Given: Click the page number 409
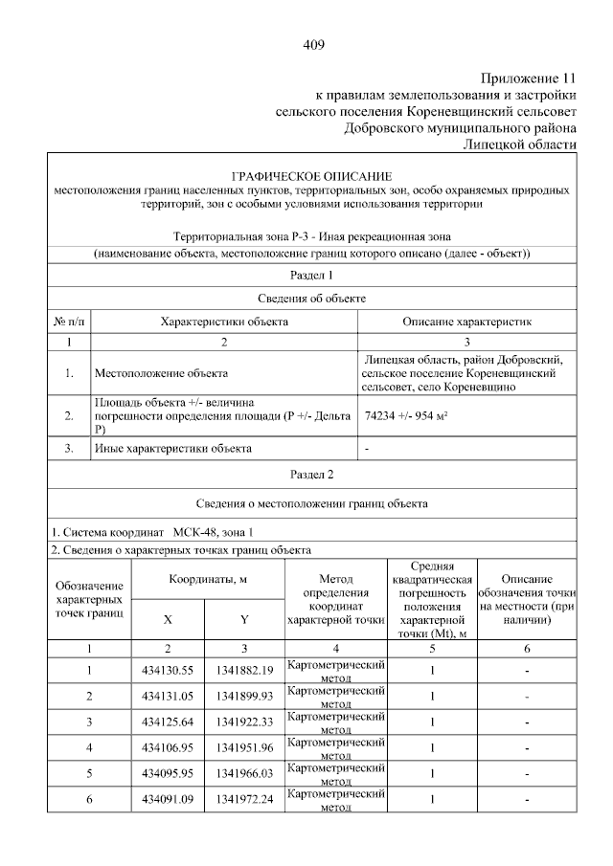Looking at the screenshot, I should pos(314,45).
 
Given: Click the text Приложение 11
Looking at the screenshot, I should pos(528,78).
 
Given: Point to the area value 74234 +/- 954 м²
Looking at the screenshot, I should pos(408,417).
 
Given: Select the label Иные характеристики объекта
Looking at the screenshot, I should pos(173,448).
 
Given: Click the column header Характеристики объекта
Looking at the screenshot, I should pos(224,322).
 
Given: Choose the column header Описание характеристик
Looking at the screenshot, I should pos(466,322).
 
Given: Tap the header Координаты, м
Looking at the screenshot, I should pos(209,580).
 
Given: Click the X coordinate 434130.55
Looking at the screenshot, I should pos(168,670).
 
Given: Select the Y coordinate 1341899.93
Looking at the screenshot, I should pos(244,696).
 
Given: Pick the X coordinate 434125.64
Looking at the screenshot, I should pos(168,722).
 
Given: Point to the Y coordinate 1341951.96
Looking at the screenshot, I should pos(244,747).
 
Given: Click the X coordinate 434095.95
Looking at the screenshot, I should pos(168,773).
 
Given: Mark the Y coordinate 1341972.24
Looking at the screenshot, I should pos(244,799).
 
